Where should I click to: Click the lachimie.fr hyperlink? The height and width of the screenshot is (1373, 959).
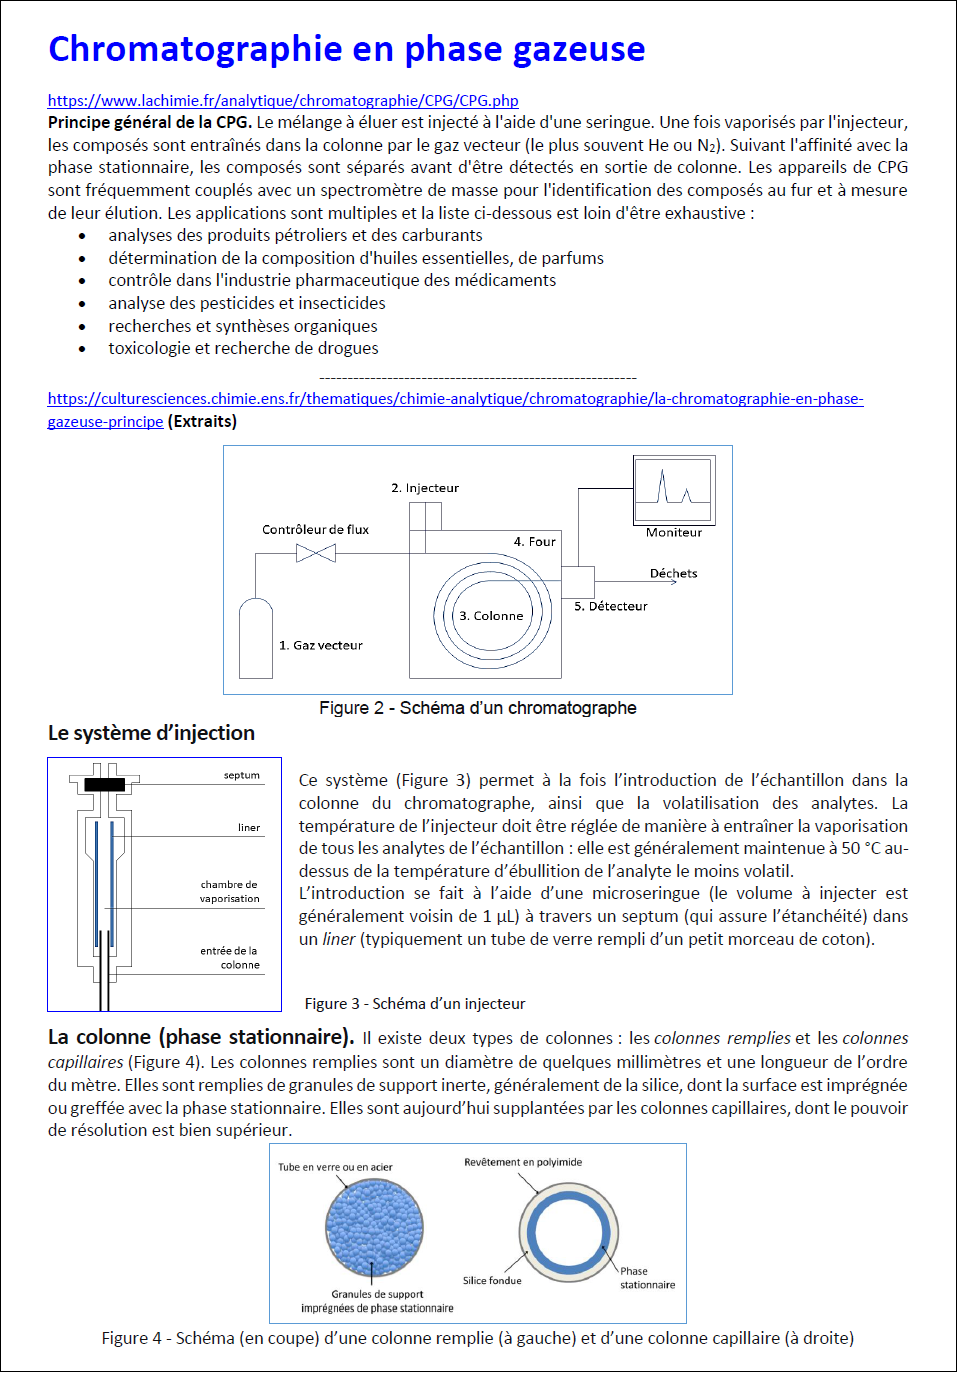[283, 100]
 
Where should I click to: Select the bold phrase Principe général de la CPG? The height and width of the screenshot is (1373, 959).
[149, 122]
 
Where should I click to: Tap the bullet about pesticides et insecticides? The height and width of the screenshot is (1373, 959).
[246, 303]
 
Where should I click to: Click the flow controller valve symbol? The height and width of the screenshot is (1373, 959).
[316, 553]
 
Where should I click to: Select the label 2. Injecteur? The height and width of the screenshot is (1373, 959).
[425, 488]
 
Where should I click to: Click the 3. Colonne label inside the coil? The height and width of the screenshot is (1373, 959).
[491, 616]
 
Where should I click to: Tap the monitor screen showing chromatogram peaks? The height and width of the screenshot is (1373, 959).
[673, 488]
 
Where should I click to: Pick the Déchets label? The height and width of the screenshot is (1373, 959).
[673, 573]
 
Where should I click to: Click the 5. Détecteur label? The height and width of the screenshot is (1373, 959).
[610, 606]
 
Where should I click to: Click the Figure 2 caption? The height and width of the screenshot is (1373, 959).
[477, 708]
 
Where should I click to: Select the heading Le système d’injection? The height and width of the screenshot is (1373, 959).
[151, 733]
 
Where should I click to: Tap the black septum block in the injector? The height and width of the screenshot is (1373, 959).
[105, 785]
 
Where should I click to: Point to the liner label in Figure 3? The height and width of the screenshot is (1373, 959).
[249, 827]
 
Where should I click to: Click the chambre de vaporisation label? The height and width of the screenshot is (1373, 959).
[229, 891]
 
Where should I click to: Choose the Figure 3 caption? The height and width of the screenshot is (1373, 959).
[414, 1003]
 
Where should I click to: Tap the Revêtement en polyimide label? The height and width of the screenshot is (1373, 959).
[522, 1162]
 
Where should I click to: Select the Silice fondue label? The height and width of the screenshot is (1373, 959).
[491, 1280]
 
